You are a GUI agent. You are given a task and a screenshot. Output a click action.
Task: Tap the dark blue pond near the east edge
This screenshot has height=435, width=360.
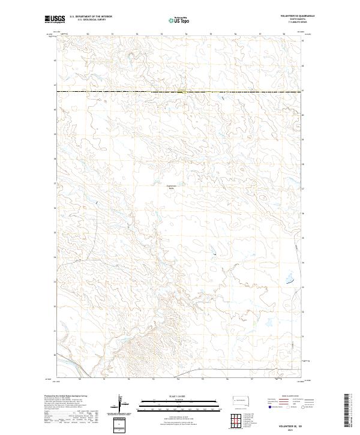coord(289,279)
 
